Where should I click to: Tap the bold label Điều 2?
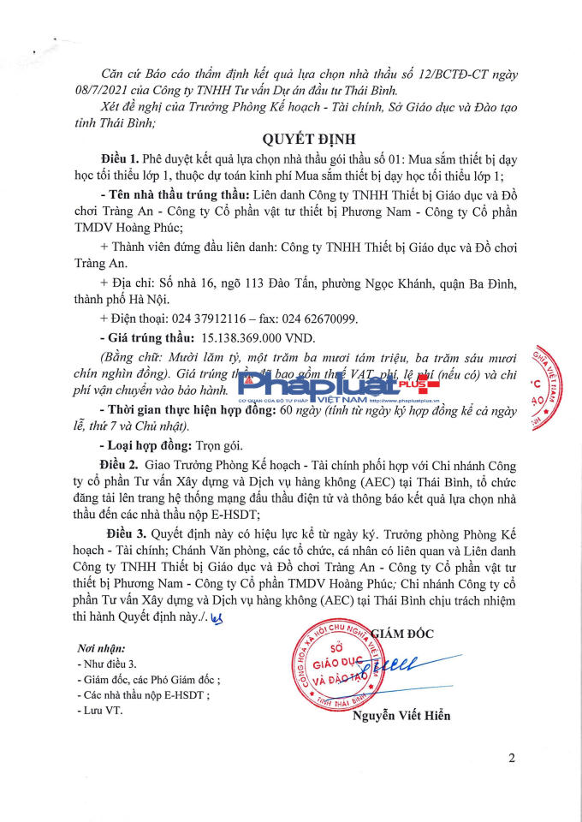119,463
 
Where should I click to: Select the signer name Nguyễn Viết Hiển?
401,716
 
